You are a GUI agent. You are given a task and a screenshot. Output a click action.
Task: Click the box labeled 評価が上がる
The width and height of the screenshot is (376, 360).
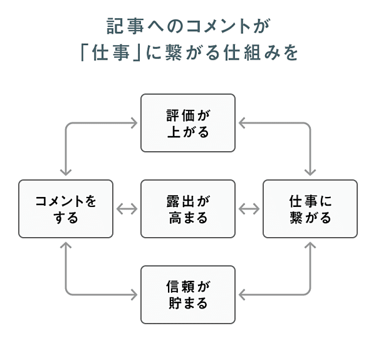[188, 123]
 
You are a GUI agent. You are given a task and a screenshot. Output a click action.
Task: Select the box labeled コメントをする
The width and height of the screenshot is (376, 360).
[66, 209]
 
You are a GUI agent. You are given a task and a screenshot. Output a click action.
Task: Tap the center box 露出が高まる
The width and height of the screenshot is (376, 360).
[188, 209]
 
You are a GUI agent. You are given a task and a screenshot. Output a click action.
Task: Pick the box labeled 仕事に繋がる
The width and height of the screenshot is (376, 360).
[310, 209]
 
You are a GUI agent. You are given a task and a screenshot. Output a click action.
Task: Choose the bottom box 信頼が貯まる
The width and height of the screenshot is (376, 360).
[188, 295]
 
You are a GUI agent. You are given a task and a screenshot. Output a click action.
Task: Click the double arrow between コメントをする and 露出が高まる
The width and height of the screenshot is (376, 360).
[127, 209]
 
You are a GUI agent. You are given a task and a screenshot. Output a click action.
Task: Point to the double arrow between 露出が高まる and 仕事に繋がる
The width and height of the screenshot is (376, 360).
[249, 209]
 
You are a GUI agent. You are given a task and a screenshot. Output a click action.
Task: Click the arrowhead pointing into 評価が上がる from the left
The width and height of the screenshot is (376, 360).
[135, 123]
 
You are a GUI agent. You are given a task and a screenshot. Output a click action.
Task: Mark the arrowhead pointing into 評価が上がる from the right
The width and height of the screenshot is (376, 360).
[241, 123]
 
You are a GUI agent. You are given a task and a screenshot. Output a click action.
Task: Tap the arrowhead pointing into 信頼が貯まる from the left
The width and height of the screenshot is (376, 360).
[135, 295]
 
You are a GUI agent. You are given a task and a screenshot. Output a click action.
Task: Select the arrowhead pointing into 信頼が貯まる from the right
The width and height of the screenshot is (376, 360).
[241, 295]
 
